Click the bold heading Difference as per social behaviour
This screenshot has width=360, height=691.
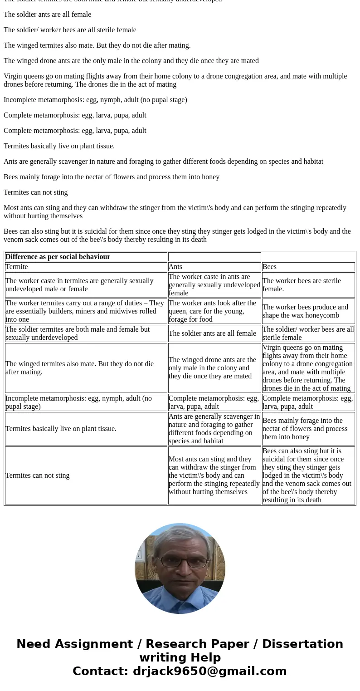(x=58, y=257)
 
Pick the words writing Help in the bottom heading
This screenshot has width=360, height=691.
(x=180, y=658)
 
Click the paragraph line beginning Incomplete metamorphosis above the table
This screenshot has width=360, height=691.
(x=95, y=100)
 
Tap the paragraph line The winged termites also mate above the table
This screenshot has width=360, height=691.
(x=97, y=45)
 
